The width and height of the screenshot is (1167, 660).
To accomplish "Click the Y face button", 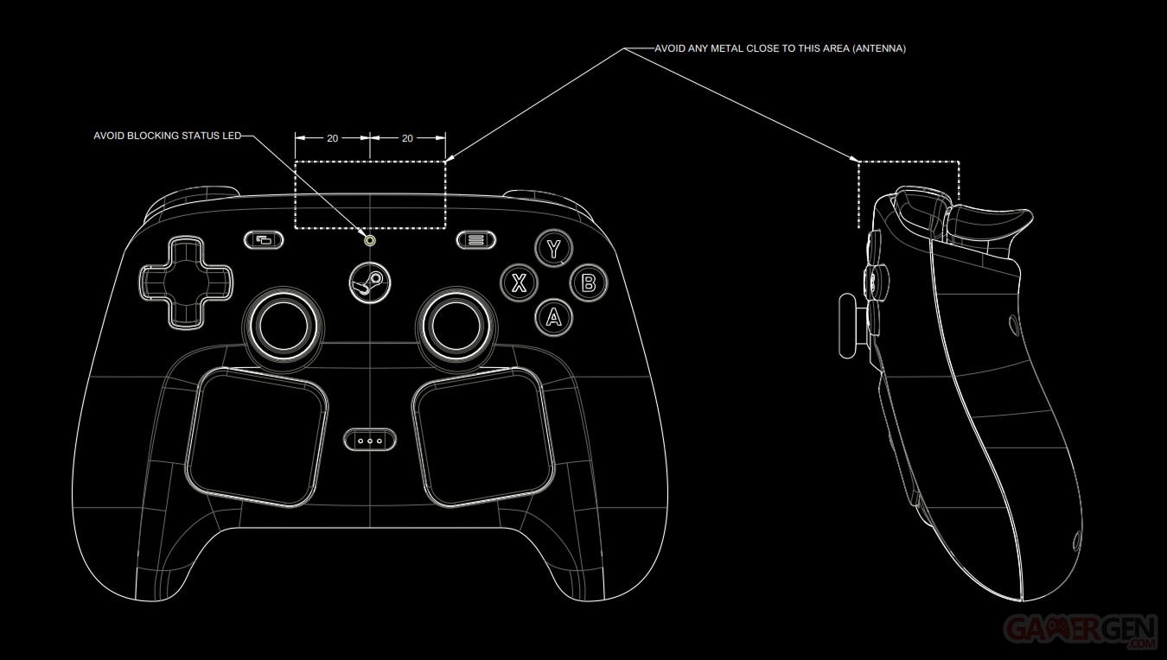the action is (x=554, y=248).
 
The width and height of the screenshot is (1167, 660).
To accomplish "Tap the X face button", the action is (x=519, y=283).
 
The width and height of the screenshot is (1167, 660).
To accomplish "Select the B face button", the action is (x=589, y=283).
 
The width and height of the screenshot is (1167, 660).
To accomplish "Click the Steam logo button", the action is (x=370, y=282).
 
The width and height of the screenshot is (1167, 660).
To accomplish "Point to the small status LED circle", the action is (x=370, y=240).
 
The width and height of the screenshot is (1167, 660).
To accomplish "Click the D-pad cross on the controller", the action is (x=186, y=282).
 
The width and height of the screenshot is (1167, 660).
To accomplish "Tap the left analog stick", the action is (x=283, y=327).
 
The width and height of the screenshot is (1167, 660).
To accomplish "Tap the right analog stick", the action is (x=457, y=327).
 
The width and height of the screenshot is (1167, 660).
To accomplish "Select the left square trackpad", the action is (x=257, y=437).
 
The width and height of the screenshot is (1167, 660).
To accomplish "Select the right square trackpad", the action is (x=483, y=437).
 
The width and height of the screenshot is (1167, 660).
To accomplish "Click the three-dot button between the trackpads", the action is (x=370, y=441).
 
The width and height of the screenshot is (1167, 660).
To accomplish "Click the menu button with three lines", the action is (x=475, y=240).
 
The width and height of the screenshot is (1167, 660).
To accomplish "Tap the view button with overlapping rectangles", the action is (x=264, y=240).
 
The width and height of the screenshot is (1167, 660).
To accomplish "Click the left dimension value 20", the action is (x=333, y=138).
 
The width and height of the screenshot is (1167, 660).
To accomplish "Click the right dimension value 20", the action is (x=407, y=138).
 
